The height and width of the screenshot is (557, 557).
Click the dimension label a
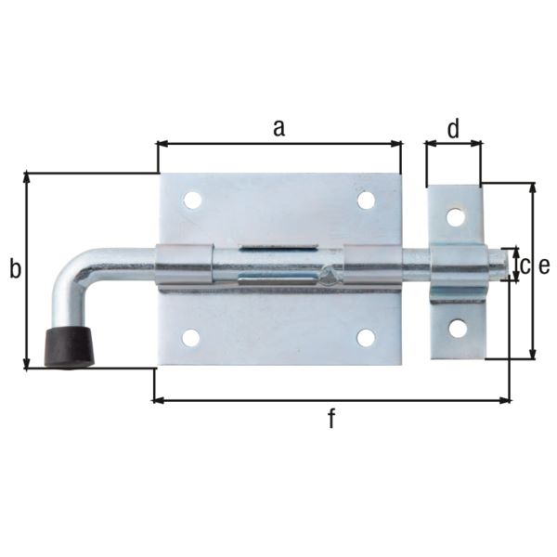pyautogui.click(x=278, y=128)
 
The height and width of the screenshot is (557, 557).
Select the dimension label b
pyautogui.click(x=14, y=269)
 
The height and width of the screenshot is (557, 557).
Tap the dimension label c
pyautogui.click(x=525, y=266)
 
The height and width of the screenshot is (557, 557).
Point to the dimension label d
pyautogui.click(x=453, y=129)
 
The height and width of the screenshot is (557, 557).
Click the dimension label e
pyautogui.click(x=544, y=266)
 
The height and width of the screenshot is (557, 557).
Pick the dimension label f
pyautogui.click(x=331, y=420)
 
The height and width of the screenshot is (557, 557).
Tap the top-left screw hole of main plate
pyautogui.click(x=191, y=200)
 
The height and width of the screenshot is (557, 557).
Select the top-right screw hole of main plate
pyautogui.click(x=366, y=200)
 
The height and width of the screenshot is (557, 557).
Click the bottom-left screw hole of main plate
pyautogui.click(x=191, y=337)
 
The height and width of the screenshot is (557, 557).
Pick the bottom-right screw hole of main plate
pyautogui.click(x=366, y=337)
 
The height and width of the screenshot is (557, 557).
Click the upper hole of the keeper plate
pyautogui.click(x=455, y=216)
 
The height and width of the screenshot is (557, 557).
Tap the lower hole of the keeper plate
pyautogui.click(x=457, y=327)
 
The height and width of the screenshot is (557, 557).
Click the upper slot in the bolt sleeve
pyautogui.click(x=278, y=248)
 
